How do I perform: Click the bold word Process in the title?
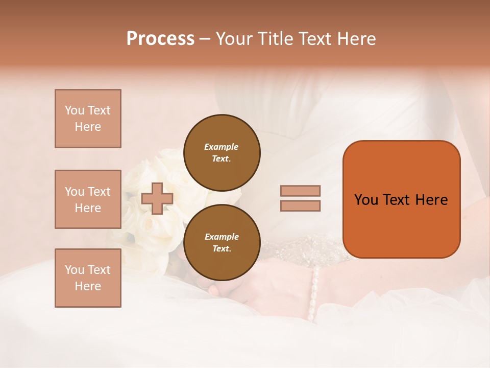click(x=160, y=39)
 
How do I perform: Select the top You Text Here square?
click(x=88, y=119)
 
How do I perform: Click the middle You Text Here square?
click(x=88, y=199)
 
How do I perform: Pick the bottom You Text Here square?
click(x=88, y=278)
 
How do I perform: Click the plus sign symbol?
click(x=157, y=198)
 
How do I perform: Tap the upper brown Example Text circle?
click(x=222, y=153)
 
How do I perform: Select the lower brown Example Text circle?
click(x=222, y=243)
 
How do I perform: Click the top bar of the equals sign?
click(x=300, y=191)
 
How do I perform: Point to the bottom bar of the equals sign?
click(x=300, y=205)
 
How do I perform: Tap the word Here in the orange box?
click(x=431, y=200)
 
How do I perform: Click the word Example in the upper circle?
click(x=222, y=147)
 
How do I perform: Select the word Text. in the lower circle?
click(x=222, y=249)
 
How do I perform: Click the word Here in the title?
click(x=355, y=39)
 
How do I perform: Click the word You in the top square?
click(x=74, y=110)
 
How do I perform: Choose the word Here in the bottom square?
click(x=88, y=286)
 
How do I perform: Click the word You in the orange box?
click(x=366, y=200)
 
